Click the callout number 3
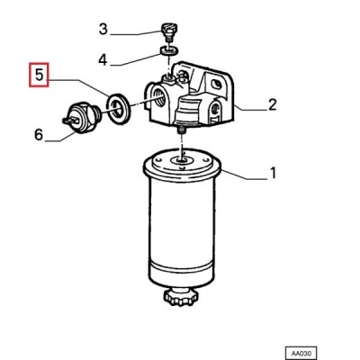pos(103,30)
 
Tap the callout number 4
pos(103,59)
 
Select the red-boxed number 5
pos(39,75)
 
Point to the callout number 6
pos(39,135)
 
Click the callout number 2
pos(272,104)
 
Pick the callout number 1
pos(273,173)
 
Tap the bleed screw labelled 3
pos(169,32)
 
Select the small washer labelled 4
pos(169,50)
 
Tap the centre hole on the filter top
pos(181,161)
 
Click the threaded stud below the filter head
pos(182,130)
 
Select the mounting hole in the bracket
pos(216,84)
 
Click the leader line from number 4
pos(135,60)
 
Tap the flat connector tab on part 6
pos(71,121)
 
